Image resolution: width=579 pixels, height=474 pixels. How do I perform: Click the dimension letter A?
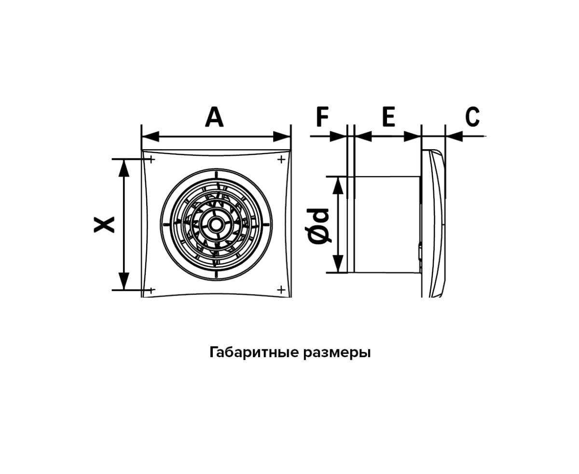(x=214, y=117)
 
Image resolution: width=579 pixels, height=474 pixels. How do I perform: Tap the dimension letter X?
(x=104, y=224)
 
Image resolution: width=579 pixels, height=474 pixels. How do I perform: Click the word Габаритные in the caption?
(x=254, y=352)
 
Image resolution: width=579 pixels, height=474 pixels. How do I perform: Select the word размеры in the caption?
(x=337, y=353)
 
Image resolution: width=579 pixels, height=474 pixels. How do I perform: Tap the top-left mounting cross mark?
(x=152, y=159)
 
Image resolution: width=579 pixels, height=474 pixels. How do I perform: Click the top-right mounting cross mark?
(x=281, y=159)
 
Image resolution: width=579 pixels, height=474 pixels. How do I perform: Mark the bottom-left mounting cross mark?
(x=152, y=290)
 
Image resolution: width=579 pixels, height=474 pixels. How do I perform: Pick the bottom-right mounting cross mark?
(x=281, y=290)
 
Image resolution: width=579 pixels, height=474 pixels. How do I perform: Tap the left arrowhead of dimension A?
(x=151, y=136)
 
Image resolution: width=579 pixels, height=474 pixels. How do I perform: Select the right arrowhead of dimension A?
(x=282, y=136)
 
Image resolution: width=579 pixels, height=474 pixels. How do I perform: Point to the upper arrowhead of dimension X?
(x=124, y=168)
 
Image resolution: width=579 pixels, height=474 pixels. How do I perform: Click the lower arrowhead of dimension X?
(x=124, y=280)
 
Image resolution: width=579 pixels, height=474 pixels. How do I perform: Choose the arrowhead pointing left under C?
(x=454, y=136)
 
